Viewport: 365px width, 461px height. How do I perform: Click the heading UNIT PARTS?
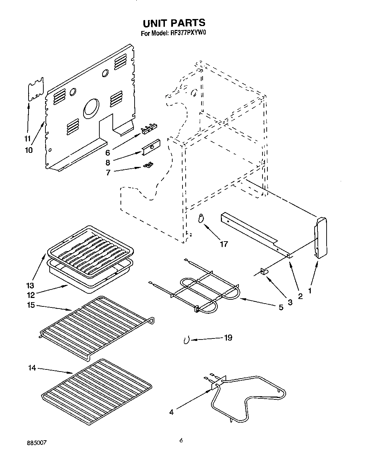click(x=174, y=23)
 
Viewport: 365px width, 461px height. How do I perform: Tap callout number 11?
click(x=27, y=138)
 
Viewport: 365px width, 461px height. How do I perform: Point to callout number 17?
click(x=224, y=243)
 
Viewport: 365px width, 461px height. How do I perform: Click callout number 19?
click(x=228, y=337)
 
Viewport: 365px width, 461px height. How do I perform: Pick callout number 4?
click(x=171, y=412)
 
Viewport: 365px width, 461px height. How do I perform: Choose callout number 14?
click(x=32, y=368)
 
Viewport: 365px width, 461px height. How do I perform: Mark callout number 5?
click(x=281, y=307)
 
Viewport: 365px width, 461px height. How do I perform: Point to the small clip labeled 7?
click(x=149, y=165)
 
